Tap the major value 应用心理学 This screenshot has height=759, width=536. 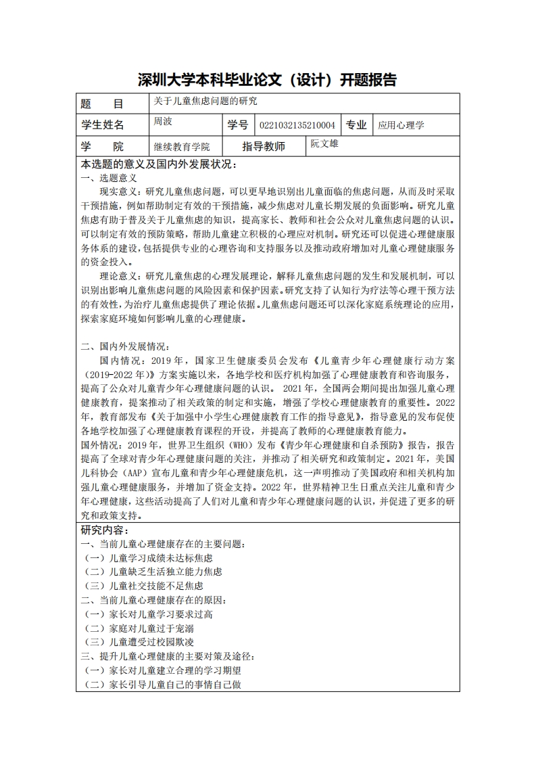tap(401, 125)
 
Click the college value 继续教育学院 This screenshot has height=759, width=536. tap(182, 147)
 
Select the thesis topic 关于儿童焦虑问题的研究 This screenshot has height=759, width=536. tap(205, 101)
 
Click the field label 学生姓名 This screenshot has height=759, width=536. tap(103, 125)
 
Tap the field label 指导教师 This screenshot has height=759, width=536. tap(264, 147)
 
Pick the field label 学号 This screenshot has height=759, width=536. tap(238, 125)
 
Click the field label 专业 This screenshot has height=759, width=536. tap(356, 125)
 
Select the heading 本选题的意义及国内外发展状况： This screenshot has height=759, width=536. tap(159, 164)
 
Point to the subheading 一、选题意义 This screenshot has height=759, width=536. tap(109, 179)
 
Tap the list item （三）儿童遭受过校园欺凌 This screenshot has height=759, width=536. tap(142, 642)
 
